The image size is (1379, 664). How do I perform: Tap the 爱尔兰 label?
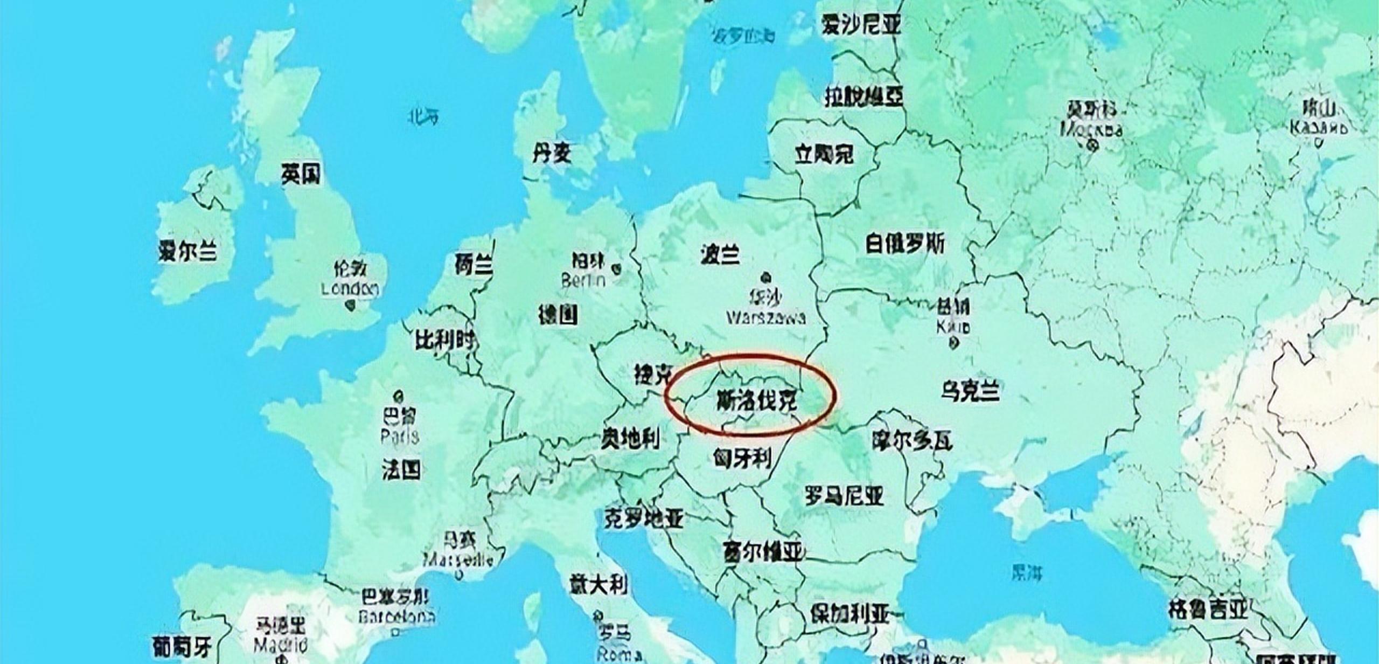tap(187, 251)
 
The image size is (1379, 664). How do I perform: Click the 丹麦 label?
tap(551, 154)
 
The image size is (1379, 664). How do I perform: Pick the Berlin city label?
tap(583, 280)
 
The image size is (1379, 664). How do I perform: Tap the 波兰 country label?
tap(720, 254)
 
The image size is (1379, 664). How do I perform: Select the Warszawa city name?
tap(766, 317)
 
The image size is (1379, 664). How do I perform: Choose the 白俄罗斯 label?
tap(905, 244)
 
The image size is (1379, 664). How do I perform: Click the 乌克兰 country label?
tap(970, 390)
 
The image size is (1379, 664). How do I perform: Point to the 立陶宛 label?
tap(824, 155)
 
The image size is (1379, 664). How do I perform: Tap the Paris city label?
tap(399, 435)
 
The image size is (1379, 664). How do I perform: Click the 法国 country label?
tap(401, 469)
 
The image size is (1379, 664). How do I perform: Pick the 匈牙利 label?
tap(742, 459)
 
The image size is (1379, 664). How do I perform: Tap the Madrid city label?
tap(280, 645)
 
